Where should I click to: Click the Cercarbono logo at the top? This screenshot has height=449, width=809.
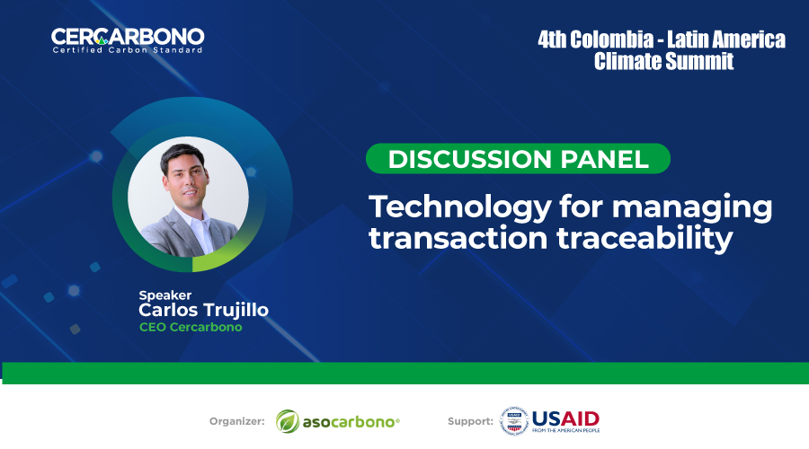(x=128, y=40)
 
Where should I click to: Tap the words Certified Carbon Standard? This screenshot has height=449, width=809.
(x=128, y=50)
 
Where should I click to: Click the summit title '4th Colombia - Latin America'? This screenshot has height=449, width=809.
(x=662, y=40)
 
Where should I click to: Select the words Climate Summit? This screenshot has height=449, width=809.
(x=663, y=61)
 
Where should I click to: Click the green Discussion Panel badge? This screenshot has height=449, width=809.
(x=518, y=158)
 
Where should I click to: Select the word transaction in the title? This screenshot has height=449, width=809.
(x=458, y=239)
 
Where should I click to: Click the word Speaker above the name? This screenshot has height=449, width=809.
(x=165, y=295)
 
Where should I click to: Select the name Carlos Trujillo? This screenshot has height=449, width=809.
(x=203, y=310)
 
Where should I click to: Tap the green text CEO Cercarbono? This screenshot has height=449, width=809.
(x=191, y=327)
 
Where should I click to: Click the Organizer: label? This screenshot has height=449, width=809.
(x=236, y=421)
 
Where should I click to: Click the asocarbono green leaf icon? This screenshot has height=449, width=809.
(x=288, y=421)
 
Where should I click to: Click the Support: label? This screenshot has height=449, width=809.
(x=470, y=421)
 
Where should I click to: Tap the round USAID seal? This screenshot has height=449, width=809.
(x=514, y=420)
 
